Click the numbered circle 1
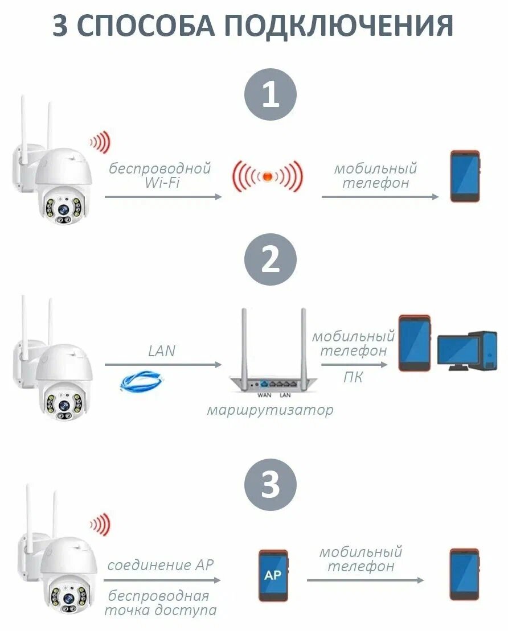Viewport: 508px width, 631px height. tap(271, 94)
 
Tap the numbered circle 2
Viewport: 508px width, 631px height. tap(271, 261)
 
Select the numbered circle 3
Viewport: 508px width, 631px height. tap(271, 485)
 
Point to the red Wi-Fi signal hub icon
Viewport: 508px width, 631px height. tap(267, 176)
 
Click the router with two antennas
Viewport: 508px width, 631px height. tap(271, 358)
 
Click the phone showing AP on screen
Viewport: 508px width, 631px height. tap(273, 575)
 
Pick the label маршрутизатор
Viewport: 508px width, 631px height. tap(270, 410)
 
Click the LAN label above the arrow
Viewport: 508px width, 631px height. tap(162, 351)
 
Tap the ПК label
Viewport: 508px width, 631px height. tap(353, 377)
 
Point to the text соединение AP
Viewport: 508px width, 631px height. tap(161, 565)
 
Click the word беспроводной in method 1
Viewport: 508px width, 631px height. tap(160, 168)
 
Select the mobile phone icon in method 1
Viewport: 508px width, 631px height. tap(465, 176)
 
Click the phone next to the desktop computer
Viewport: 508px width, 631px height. tap(414, 344)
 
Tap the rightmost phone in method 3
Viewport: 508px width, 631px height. tap(464, 574)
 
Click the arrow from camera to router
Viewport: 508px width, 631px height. tap(163, 364)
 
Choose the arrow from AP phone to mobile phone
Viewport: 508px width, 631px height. tap(365, 580)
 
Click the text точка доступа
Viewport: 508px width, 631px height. tap(161, 611)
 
